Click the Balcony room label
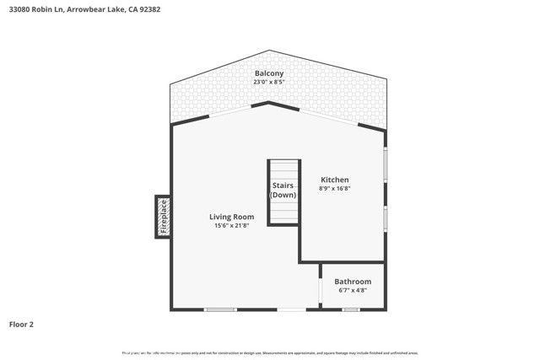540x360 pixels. pyautogui.click(x=269, y=74)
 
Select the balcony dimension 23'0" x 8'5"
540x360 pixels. pyautogui.click(x=269, y=83)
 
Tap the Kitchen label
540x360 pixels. pyautogui.click(x=334, y=180)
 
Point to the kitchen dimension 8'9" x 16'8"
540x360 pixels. pyautogui.click(x=334, y=189)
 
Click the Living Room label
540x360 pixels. pyautogui.click(x=231, y=217)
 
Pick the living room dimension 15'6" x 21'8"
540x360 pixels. pyautogui.click(x=231, y=226)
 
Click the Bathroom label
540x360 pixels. pyautogui.click(x=352, y=282)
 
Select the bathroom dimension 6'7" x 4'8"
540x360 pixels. pyautogui.click(x=352, y=291)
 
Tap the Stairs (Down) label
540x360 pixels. pyautogui.click(x=283, y=191)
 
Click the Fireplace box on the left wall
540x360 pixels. pyautogui.click(x=163, y=217)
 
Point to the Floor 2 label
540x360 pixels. pyautogui.click(x=21, y=324)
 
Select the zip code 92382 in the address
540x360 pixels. pyautogui.click(x=149, y=9)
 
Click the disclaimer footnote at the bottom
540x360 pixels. pyautogui.click(x=270, y=352)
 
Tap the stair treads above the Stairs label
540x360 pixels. pyautogui.click(x=284, y=169)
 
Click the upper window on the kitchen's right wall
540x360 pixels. pyautogui.click(x=386, y=165)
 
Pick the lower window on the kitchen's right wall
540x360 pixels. pyautogui.click(x=386, y=218)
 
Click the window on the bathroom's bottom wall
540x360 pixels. pyautogui.click(x=351, y=309)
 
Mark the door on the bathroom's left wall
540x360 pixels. pyautogui.click(x=320, y=291)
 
